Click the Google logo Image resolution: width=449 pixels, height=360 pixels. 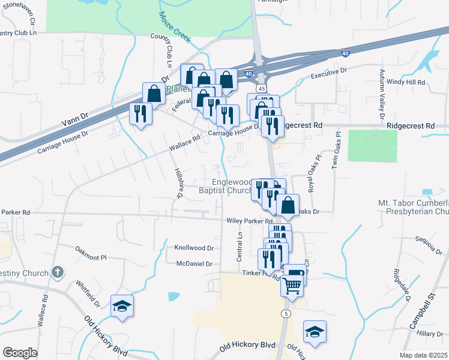point(20,352)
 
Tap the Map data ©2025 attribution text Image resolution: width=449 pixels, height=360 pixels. point(424,355)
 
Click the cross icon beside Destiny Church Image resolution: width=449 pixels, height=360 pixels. point(57,272)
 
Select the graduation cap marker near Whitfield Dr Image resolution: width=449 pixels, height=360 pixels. point(122,306)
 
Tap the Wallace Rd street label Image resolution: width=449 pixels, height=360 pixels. point(184,142)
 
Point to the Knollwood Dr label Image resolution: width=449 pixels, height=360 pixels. point(194,248)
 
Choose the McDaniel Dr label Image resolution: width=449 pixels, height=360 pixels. point(194,264)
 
